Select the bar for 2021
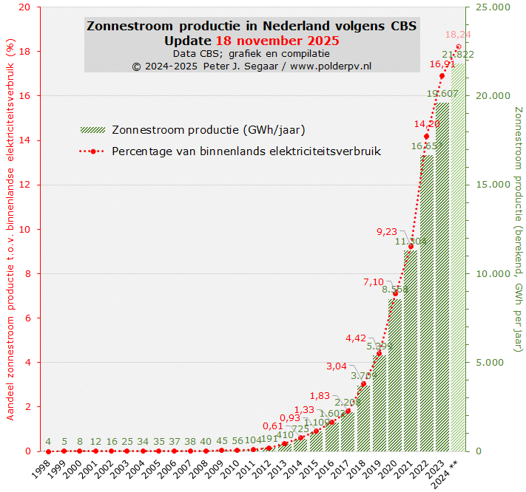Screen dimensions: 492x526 pyautogui.click(x=411, y=355)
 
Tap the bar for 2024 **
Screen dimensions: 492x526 pyautogui.click(x=458, y=259)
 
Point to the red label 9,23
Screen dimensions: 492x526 pyautogui.click(x=387, y=231)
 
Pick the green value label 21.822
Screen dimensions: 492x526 pyautogui.click(x=458, y=55)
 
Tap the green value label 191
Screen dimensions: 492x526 pyautogui.click(x=269, y=438)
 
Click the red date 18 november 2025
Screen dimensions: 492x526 pyautogui.click(x=277, y=40)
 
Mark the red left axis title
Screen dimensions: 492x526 pyautogui.click(x=10, y=230)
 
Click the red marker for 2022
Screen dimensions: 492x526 pyautogui.click(x=426, y=137)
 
